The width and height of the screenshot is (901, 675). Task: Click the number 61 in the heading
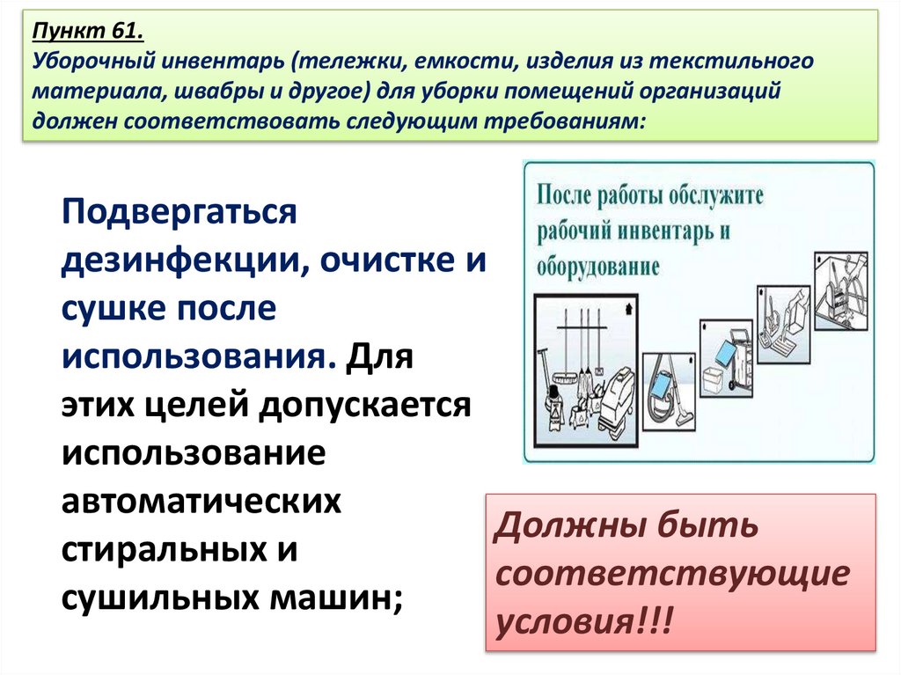click(125, 31)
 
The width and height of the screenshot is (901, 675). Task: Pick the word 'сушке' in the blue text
click(114, 310)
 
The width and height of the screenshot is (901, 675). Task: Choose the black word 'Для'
click(377, 357)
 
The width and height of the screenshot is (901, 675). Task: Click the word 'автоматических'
click(201, 502)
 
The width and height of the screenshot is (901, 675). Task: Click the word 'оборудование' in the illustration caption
click(598, 267)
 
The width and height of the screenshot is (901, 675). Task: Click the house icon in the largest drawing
click(629, 308)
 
